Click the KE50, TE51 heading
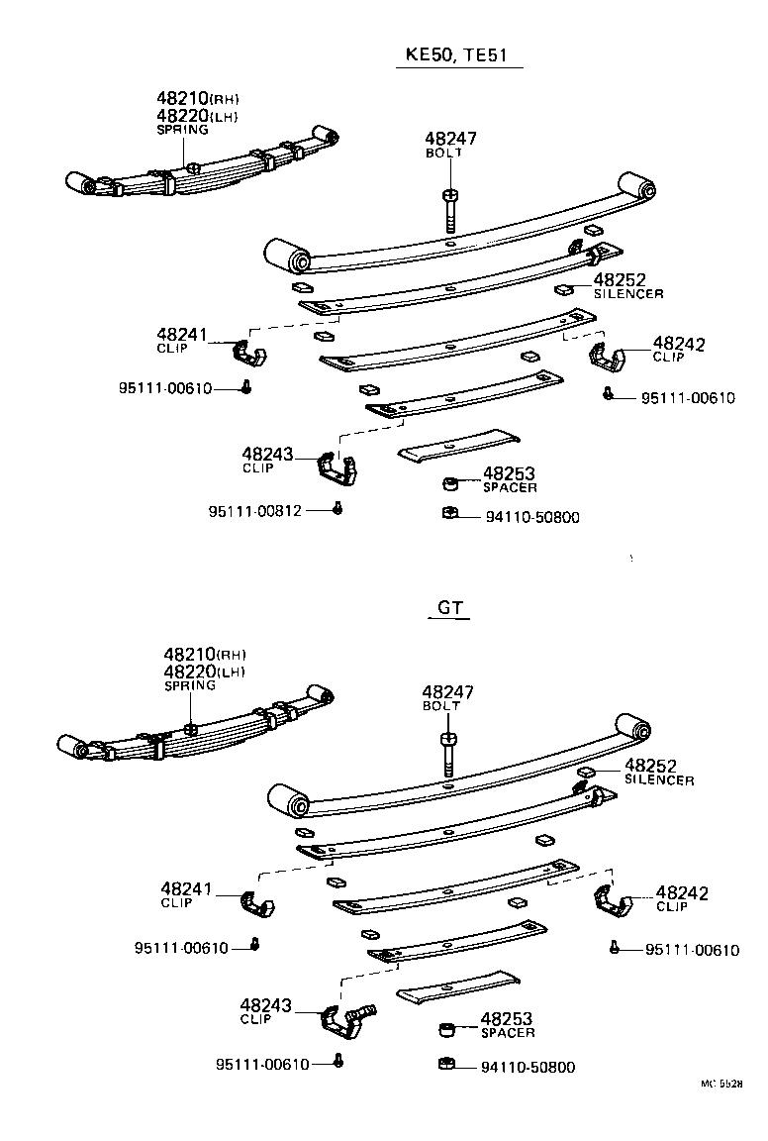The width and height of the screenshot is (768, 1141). [x=458, y=54]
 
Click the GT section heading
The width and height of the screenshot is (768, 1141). [x=450, y=608]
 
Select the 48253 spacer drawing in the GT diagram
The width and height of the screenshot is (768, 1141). [x=447, y=1030]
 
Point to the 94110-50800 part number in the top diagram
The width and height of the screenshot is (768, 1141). [x=532, y=517]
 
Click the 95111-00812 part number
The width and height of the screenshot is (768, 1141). [x=254, y=511]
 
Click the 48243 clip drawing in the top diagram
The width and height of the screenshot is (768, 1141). [x=337, y=467]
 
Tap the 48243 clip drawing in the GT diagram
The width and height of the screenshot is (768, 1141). [x=346, y=1017]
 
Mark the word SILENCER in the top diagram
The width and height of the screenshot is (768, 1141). [x=628, y=294]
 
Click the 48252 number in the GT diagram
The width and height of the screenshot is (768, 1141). [x=650, y=766]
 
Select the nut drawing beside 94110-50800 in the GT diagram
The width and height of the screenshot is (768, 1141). [x=445, y=1065]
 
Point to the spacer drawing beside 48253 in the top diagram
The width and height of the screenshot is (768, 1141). [x=450, y=484]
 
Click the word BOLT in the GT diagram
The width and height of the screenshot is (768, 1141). [x=441, y=706]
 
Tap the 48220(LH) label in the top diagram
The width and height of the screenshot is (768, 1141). [x=198, y=116]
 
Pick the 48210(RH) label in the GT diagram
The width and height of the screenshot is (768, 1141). [x=204, y=655]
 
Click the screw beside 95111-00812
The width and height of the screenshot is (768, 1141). [x=337, y=509]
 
